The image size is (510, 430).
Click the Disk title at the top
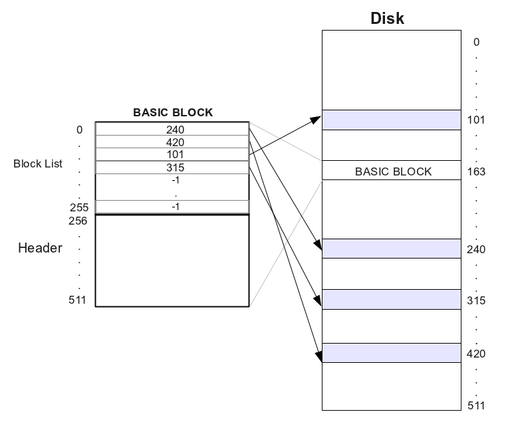(x=387, y=18)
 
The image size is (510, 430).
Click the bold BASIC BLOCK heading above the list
(x=173, y=112)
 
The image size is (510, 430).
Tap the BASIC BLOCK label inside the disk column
(x=393, y=171)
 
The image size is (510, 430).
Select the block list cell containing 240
(x=175, y=130)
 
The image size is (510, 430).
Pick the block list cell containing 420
(x=175, y=142)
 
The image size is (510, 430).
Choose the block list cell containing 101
(x=175, y=155)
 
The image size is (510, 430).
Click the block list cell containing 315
(x=175, y=167)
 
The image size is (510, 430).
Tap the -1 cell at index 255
(x=175, y=207)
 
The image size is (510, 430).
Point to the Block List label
(x=38, y=163)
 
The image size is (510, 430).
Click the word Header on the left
(x=40, y=248)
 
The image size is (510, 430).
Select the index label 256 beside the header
(x=78, y=221)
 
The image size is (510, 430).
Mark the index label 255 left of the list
(x=79, y=207)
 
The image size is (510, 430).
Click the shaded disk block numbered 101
(x=391, y=120)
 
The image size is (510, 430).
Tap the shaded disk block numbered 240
(x=391, y=249)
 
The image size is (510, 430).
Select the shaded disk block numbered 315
(x=391, y=300)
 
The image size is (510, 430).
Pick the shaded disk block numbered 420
(x=391, y=353)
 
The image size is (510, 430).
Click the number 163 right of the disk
(x=476, y=172)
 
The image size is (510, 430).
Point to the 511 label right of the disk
(x=476, y=405)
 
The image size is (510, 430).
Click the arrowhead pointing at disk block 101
(x=317, y=120)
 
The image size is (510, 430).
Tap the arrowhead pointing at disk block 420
(x=317, y=356)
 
